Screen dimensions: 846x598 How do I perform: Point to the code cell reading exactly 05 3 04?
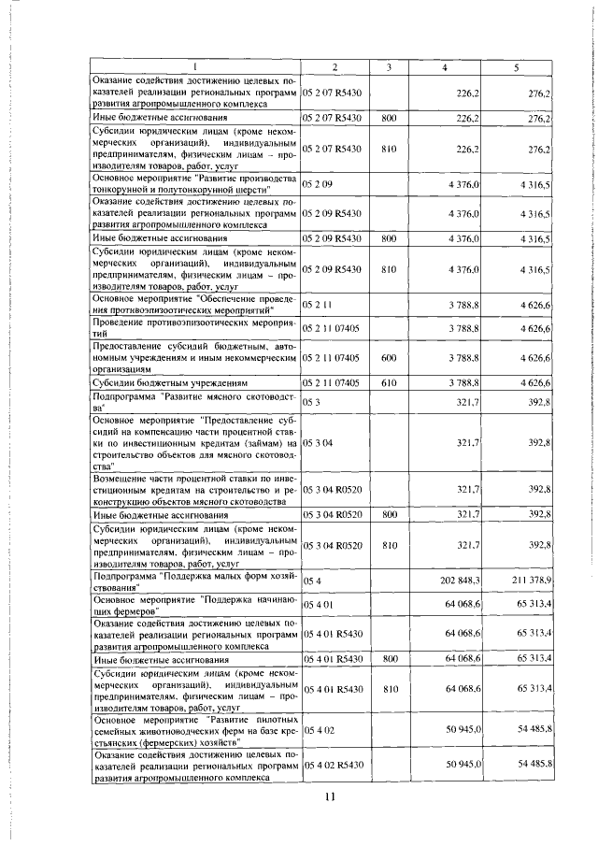[319, 441]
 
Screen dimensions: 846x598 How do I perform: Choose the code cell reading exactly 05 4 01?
[319, 605]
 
